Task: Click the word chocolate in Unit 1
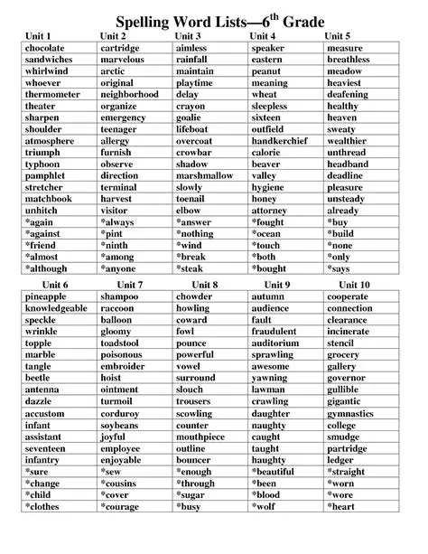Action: (x=45, y=47)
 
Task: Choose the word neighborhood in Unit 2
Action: (x=129, y=94)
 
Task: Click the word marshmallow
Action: (x=205, y=176)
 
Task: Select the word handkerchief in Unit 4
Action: (x=284, y=141)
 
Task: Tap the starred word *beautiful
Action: (x=275, y=472)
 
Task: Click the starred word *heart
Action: (x=342, y=507)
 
